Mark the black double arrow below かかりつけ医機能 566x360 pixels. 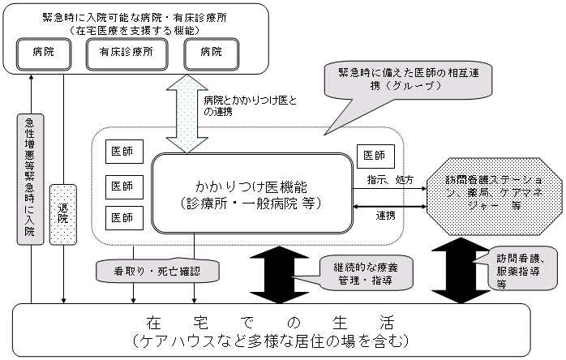tap(276, 270)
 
